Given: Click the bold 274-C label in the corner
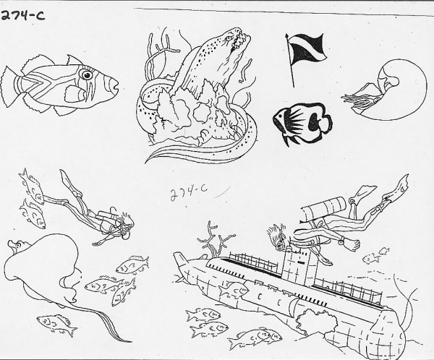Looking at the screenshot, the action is pyautogui.click(x=22, y=16).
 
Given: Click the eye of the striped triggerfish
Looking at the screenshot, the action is pyautogui.click(x=87, y=74).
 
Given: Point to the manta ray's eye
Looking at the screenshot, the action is pyautogui.click(x=18, y=244).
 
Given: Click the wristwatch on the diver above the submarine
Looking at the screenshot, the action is pyautogui.click(x=343, y=241).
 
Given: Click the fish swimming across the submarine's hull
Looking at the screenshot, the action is pyautogui.click(x=234, y=291).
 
